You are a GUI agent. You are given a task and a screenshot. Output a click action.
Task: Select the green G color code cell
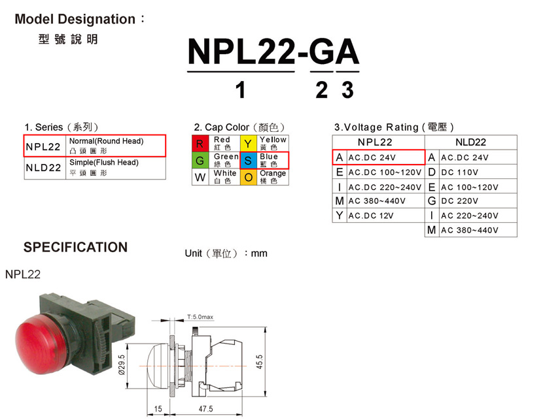click(201, 160)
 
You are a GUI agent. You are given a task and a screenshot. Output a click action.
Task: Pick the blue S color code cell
click(248, 160)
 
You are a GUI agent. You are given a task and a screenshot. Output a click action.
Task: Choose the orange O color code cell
click(248, 177)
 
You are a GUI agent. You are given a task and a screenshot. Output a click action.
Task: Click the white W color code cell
click(201, 177)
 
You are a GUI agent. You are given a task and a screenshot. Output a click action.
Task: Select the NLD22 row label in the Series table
click(44, 167)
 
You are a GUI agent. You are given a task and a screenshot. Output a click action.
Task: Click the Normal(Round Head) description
click(106, 141)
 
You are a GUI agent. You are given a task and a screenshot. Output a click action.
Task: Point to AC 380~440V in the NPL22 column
click(377, 201)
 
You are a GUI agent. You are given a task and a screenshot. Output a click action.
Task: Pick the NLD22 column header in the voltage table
click(470, 142)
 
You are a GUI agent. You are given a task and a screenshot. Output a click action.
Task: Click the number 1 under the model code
click(240, 90)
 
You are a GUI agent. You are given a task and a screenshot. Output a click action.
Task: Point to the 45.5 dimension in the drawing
click(260, 361)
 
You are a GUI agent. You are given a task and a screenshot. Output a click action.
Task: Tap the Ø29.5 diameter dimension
click(122, 365)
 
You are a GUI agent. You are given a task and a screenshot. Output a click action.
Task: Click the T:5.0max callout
click(200, 317)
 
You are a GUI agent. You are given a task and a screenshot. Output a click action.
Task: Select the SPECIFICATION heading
click(75, 248)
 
